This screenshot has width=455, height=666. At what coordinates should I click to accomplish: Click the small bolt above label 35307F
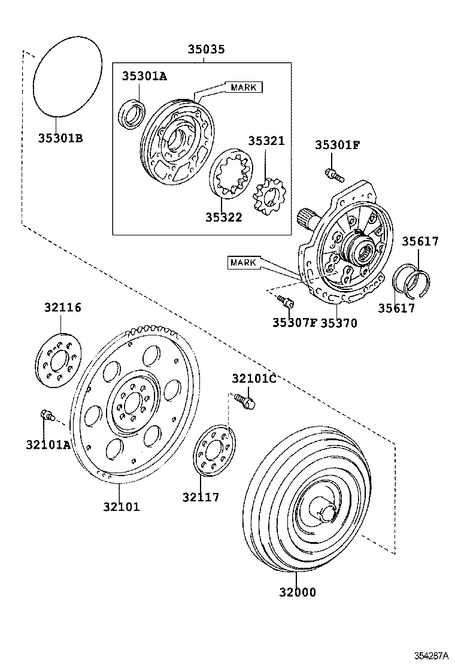(286, 301)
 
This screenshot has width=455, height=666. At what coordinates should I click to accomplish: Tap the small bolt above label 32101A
(46, 414)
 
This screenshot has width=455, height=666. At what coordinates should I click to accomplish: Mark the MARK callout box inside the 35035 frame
(244, 87)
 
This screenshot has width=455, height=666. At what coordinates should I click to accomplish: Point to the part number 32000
(297, 592)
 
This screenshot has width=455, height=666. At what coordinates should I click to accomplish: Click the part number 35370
(338, 323)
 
